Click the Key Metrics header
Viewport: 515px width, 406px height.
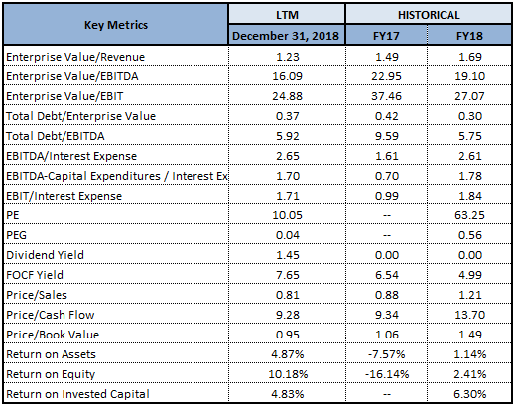[116, 25]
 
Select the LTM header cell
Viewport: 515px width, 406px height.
[287, 15]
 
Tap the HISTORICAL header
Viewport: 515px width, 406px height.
[429, 15]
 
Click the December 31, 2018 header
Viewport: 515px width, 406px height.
[286, 36]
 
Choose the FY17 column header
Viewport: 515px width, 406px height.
[386, 36]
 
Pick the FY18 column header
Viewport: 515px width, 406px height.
[469, 36]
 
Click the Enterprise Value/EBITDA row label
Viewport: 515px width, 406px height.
[72, 76]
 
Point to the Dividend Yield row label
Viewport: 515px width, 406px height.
[45, 255]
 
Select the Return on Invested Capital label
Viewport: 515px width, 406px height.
[77, 394]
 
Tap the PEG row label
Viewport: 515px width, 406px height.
[16, 235]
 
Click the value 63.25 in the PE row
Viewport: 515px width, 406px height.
[469, 215]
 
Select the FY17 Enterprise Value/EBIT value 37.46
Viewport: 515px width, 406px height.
[386, 96]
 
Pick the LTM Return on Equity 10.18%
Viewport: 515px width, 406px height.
[288, 374]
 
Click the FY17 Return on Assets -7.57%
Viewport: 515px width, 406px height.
[386, 354]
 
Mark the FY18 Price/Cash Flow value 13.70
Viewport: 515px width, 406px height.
[469, 315]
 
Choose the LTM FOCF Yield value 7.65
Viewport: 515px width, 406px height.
[288, 275]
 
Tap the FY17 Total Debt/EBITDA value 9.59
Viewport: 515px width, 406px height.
[387, 136]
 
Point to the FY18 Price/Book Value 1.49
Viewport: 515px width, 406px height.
[470, 335]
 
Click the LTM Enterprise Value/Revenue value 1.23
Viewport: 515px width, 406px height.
[288, 57]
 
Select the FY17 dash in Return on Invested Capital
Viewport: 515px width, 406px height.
[387, 394]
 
